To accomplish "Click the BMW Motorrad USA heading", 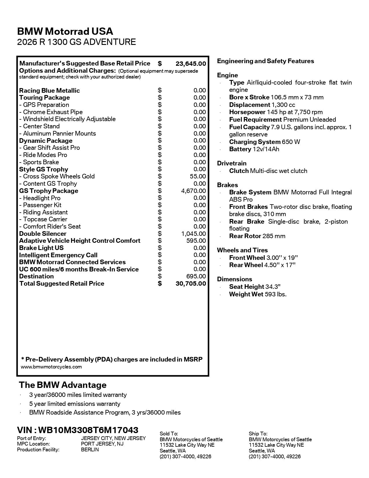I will point(65,31).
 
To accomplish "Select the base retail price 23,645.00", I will point(191,64).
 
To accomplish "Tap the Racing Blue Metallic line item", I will point(49,91).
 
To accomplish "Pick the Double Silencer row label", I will point(43,234).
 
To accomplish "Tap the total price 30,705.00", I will point(191,284).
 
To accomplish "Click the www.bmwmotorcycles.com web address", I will point(51,367).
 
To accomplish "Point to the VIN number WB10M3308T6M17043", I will point(88,430).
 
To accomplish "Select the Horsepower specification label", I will point(247,112).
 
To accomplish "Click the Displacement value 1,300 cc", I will point(283,105).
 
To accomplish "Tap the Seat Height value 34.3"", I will point(273,287).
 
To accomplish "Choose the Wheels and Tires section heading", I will point(242,250).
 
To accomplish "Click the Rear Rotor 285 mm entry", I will point(257,236).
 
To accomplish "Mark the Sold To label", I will point(169,434).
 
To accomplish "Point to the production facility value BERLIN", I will point(90,450).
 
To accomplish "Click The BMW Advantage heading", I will point(63,385).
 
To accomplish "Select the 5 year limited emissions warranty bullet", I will point(75,404).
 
